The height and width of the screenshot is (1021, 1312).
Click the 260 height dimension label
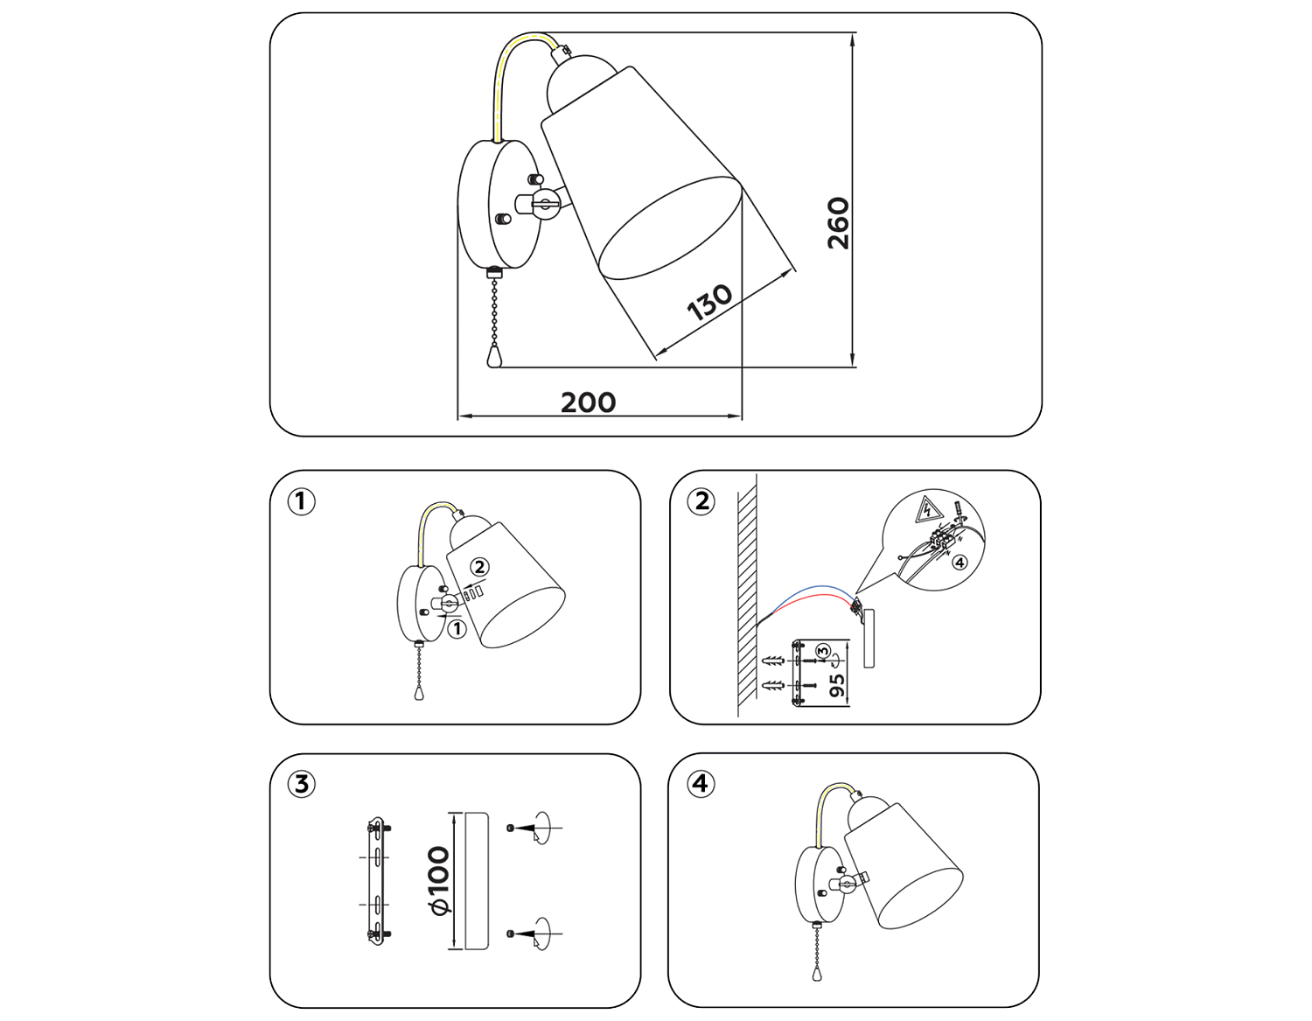(839, 223)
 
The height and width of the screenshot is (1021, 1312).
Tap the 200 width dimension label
(588, 402)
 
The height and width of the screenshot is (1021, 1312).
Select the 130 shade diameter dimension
(708, 302)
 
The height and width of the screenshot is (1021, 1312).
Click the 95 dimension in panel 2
(837, 685)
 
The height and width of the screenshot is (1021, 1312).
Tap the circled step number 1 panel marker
(301, 501)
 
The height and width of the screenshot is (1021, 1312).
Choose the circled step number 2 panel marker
(701, 501)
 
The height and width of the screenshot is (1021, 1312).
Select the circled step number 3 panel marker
(301, 784)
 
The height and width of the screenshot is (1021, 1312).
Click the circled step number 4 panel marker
(700, 783)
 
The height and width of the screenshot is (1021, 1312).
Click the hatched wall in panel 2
(746, 595)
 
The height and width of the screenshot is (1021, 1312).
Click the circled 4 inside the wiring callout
(960, 563)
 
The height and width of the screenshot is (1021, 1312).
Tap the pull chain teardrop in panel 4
(818, 973)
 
